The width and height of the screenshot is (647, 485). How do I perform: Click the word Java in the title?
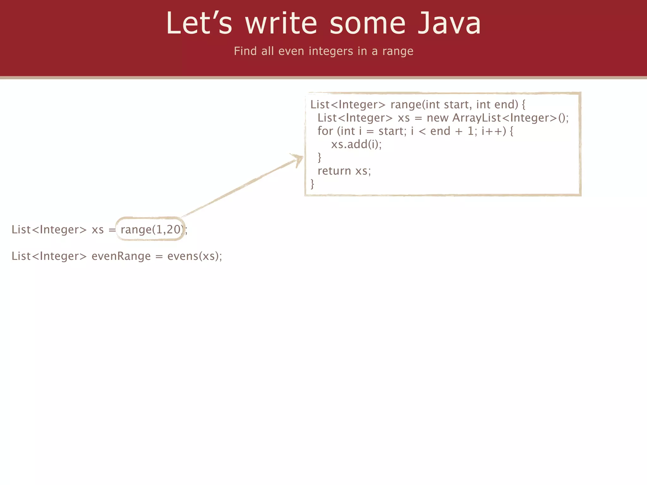click(x=449, y=23)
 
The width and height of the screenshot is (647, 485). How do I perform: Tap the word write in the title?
click(x=281, y=23)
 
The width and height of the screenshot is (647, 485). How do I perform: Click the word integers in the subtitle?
click(x=331, y=51)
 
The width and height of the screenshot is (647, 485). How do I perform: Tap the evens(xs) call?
click(x=195, y=256)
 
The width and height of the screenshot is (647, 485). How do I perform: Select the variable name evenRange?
click(x=121, y=256)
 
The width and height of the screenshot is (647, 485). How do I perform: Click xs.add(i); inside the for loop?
click(x=356, y=144)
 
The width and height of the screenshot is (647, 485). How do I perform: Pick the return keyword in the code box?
click(x=334, y=171)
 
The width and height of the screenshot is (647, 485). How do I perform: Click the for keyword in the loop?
click(x=325, y=131)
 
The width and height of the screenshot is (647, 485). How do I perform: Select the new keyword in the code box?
click(x=438, y=118)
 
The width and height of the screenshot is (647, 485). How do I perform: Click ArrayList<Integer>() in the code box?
click(x=510, y=118)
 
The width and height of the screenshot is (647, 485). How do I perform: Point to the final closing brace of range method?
click(x=312, y=184)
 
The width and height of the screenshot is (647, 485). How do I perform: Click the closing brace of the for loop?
click(x=319, y=157)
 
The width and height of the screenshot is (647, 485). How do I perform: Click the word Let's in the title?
click(x=199, y=23)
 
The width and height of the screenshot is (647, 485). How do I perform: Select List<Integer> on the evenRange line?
click(x=49, y=256)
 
